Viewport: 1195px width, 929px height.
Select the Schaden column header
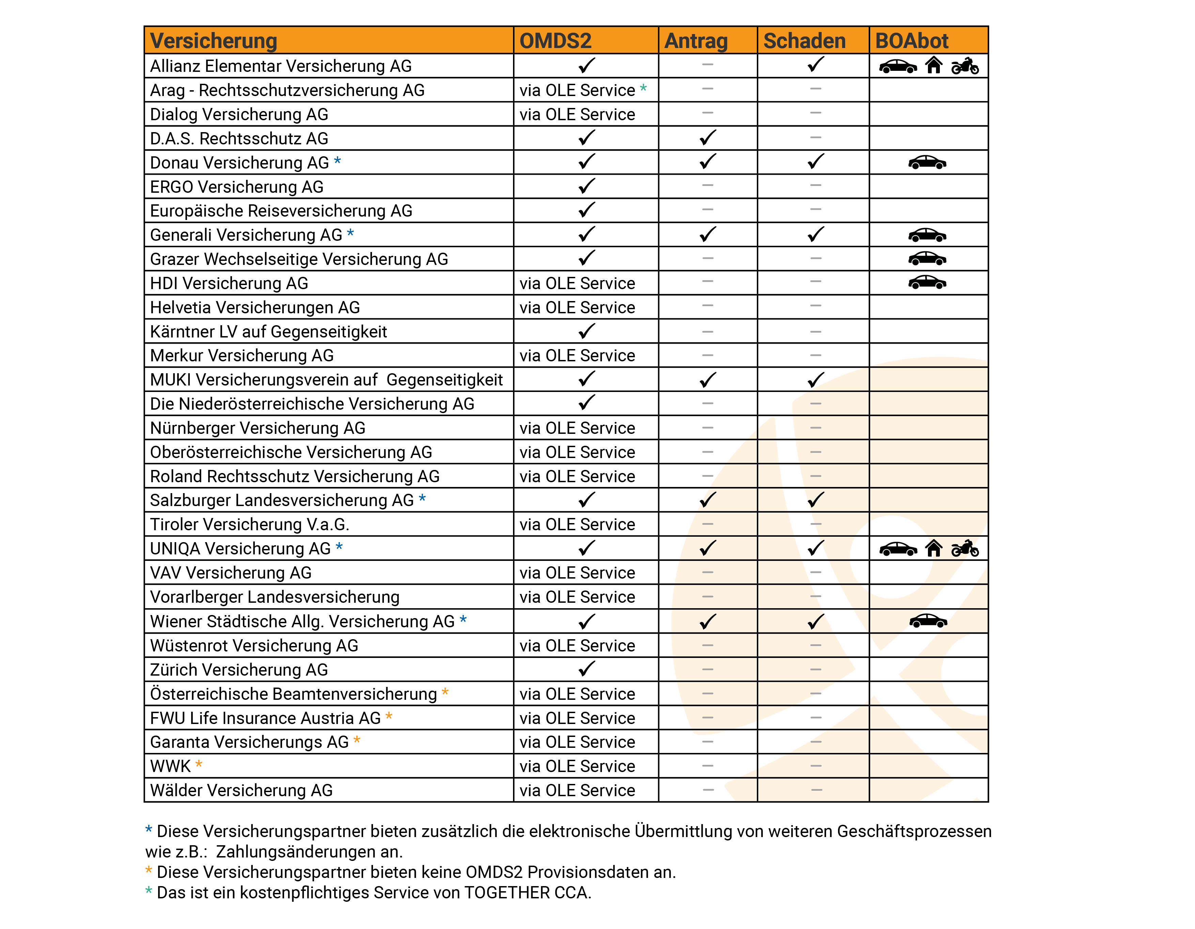(804, 41)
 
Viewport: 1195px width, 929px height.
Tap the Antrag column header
(696, 41)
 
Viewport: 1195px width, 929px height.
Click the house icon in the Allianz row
(933, 66)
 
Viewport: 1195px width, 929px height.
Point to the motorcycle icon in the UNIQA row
(965, 548)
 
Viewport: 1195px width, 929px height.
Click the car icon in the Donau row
(927, 162)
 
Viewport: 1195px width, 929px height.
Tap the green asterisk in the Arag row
(643, 88)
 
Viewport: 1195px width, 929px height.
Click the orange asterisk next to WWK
(199, 764)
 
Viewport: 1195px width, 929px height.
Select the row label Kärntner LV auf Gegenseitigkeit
(268, 332)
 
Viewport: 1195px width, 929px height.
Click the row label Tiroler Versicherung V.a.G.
(249, 524)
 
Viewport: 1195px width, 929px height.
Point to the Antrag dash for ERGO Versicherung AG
(708, 186)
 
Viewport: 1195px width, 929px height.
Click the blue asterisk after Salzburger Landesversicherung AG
(422, 499)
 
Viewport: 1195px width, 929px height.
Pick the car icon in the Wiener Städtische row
(928, 621)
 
